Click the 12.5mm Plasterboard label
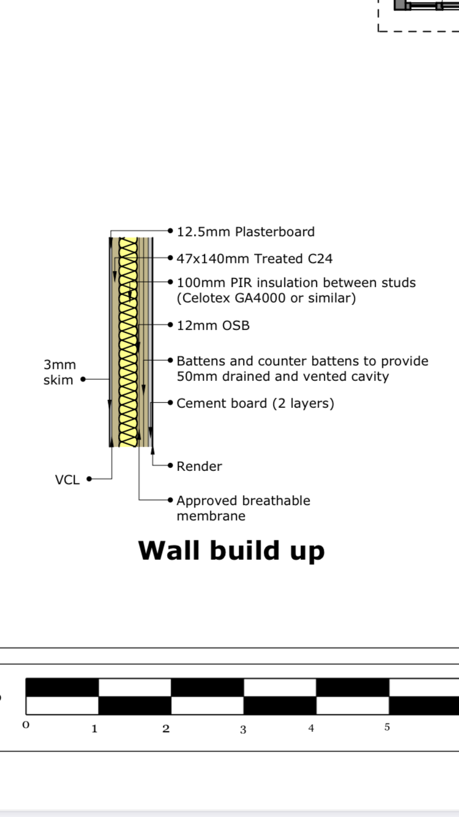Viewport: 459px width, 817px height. (x=245, y=232)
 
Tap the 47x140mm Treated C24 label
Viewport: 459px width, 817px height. (x=255, y=258)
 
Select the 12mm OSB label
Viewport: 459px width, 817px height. (x=213, y=325)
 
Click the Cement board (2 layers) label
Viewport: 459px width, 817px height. (x=255, y=404)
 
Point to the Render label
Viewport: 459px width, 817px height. (x=199, y=467)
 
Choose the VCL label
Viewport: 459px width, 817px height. (x=67, y=480)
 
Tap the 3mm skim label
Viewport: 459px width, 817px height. (x=60, y=372)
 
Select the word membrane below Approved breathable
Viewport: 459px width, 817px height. (x=211, y=516)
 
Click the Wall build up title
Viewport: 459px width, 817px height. (x=231, y=551)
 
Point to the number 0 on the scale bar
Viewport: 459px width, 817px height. (x=26, y=725)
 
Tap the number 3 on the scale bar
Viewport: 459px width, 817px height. (x=243, y=729)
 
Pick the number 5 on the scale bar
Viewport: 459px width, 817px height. (x=387, y=727)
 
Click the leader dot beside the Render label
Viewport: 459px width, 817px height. (x=170, y=465)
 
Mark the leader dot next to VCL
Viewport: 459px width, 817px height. (x=89, y=479)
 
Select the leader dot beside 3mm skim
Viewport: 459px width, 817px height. (x=83, y=379)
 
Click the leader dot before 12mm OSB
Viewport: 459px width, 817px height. (x=170, y=325)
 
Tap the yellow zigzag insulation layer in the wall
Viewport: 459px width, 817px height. (x=129, y=342)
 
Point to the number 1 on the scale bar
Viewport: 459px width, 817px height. (x=94, y=729)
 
